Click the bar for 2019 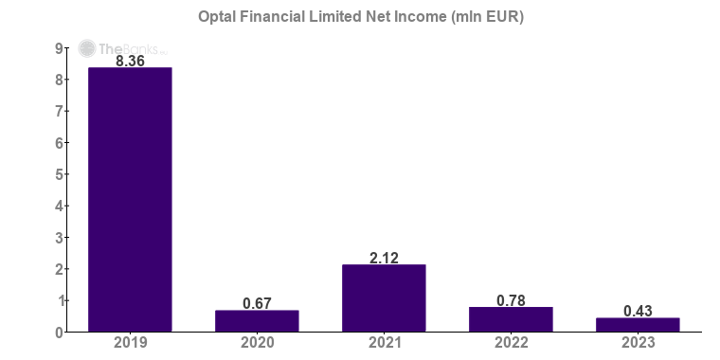point(130,199)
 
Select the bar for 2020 point(257,321)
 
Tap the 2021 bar point(384,297)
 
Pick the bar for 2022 point(511,319)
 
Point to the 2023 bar point(638,325)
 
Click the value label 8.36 point(130,61)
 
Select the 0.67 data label point(257,303)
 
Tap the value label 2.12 point(384,257)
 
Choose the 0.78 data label point(511,300)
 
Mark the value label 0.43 point(638,311)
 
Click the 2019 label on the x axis point(130,343)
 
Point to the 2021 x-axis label point(384,343)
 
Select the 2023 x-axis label point(638,343)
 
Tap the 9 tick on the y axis point(59,48)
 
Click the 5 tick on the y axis point(59,174)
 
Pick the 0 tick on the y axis point(59,332)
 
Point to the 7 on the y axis point(59,112)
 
